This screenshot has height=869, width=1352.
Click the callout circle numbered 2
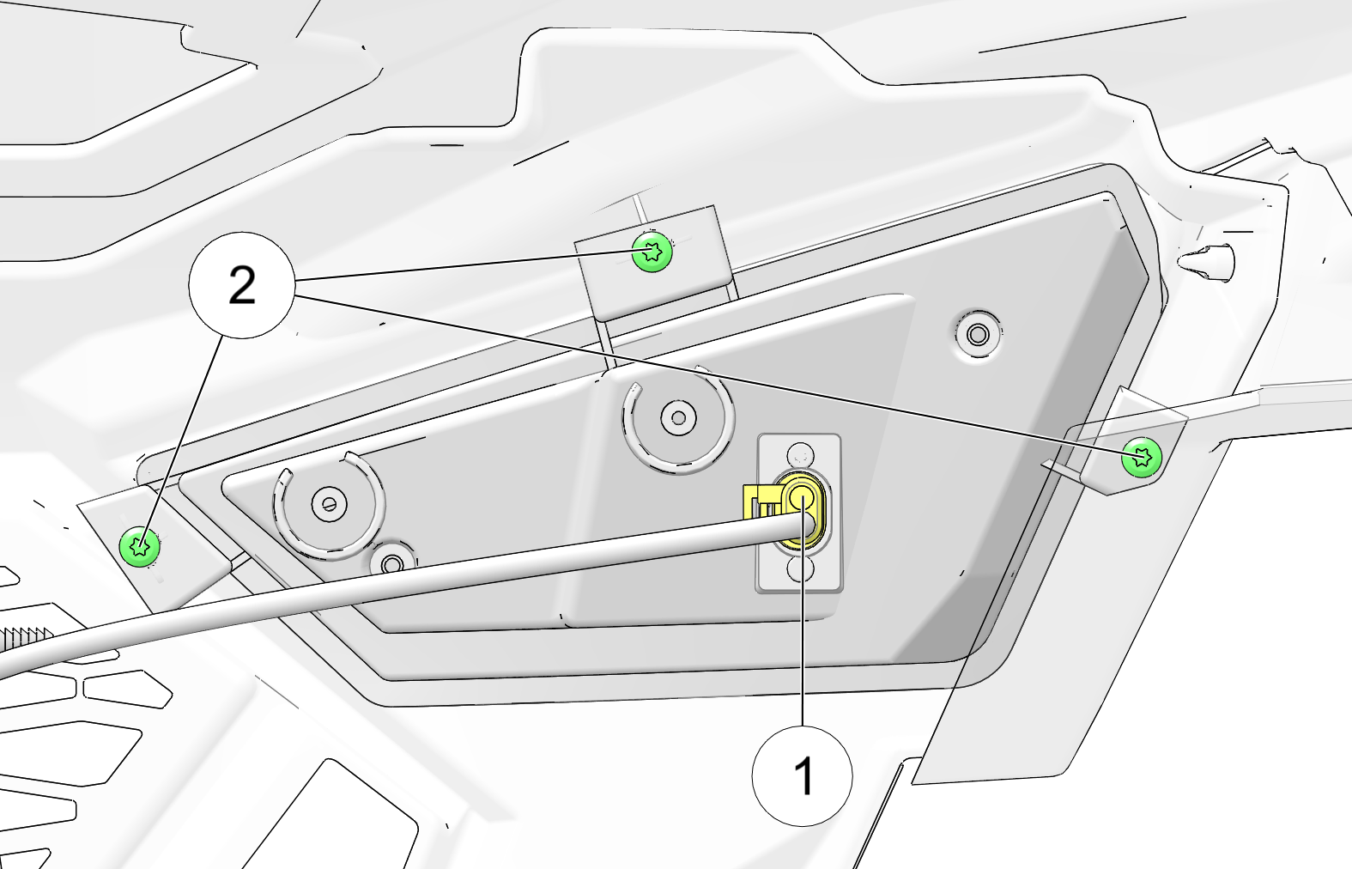241,285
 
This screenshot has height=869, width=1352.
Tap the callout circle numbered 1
802,776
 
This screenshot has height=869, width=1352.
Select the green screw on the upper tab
652,252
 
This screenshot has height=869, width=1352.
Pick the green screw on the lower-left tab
140,546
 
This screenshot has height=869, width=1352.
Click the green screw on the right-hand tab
1142,458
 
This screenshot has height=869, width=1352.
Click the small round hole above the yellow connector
800,455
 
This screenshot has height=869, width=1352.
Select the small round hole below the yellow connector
800,569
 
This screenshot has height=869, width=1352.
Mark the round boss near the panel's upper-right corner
978,333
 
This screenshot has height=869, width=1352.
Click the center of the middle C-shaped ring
678,417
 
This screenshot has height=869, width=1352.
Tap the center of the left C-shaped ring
329,504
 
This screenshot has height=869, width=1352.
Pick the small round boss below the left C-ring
392,564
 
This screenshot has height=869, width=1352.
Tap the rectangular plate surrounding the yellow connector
799,512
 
